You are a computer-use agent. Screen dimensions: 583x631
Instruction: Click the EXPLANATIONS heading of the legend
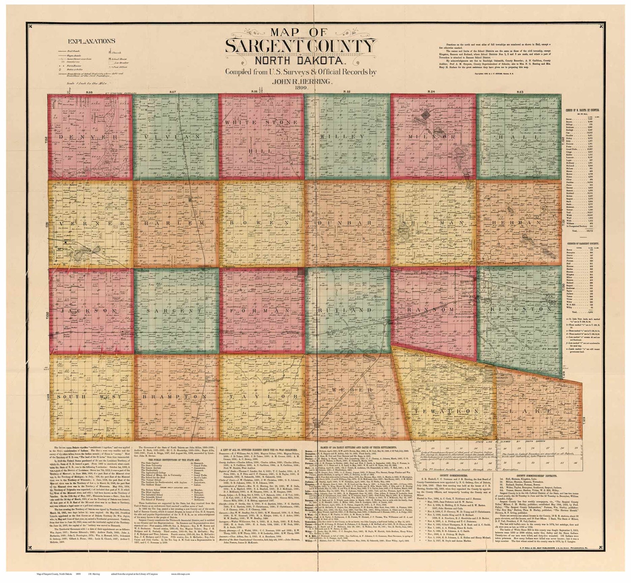pyautogui.click(x=91, y=41)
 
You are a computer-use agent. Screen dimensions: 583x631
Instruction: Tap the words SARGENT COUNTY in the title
pyautogui.click(x=300, y=46)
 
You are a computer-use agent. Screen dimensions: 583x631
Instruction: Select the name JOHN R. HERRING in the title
pyautogui.click(x=300, y=81)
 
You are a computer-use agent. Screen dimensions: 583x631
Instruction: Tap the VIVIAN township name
pyautogui.click(x=175, y=137)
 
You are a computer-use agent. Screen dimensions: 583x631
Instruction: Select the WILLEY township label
pyautogui.click(x=347, y=137)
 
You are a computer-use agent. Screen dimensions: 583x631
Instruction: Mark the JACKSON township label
pyautogui.click(x=89, y=311)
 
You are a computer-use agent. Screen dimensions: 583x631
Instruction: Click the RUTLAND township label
pyautogui.click(x=347, y=310)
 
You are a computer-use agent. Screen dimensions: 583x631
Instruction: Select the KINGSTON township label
pyautogui.click(x=520, y=309)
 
